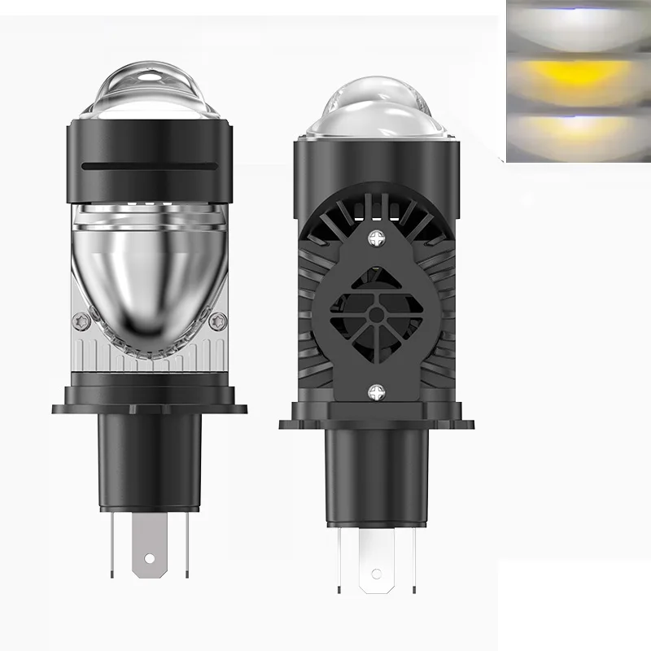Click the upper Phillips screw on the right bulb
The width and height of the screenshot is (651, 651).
tap(377, 239)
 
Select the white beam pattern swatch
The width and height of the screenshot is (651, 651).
tap(578, 28)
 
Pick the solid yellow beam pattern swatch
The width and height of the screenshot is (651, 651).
tap(578, 81)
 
